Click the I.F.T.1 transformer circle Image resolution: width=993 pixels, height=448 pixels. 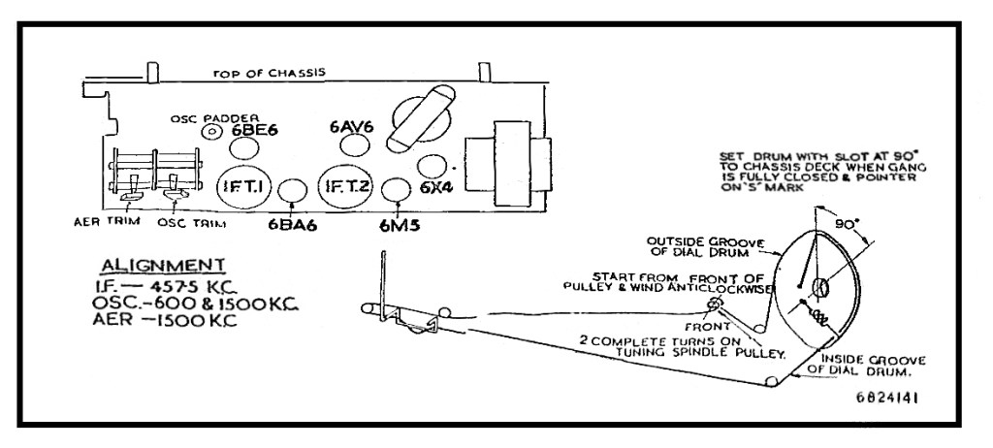tap(244, 185)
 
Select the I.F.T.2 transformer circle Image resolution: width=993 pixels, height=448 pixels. tap(346, 186)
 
